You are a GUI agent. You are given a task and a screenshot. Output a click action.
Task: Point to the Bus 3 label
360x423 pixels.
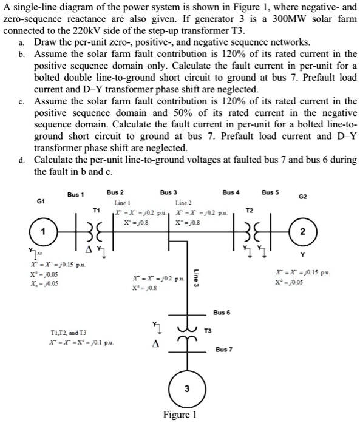169,191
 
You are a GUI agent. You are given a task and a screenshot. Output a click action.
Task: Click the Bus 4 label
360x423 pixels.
231,191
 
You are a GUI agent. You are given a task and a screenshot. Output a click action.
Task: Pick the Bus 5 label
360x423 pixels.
271,191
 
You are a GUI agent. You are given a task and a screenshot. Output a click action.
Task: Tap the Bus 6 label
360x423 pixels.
222,313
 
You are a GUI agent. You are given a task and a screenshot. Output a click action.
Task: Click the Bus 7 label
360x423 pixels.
224,351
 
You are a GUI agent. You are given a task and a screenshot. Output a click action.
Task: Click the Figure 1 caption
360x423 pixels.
180,415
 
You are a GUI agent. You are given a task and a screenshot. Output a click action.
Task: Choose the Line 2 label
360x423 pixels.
183,202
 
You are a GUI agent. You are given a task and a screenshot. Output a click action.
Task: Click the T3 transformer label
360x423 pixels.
208,331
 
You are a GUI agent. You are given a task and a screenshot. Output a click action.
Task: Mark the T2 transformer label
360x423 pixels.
248,209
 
